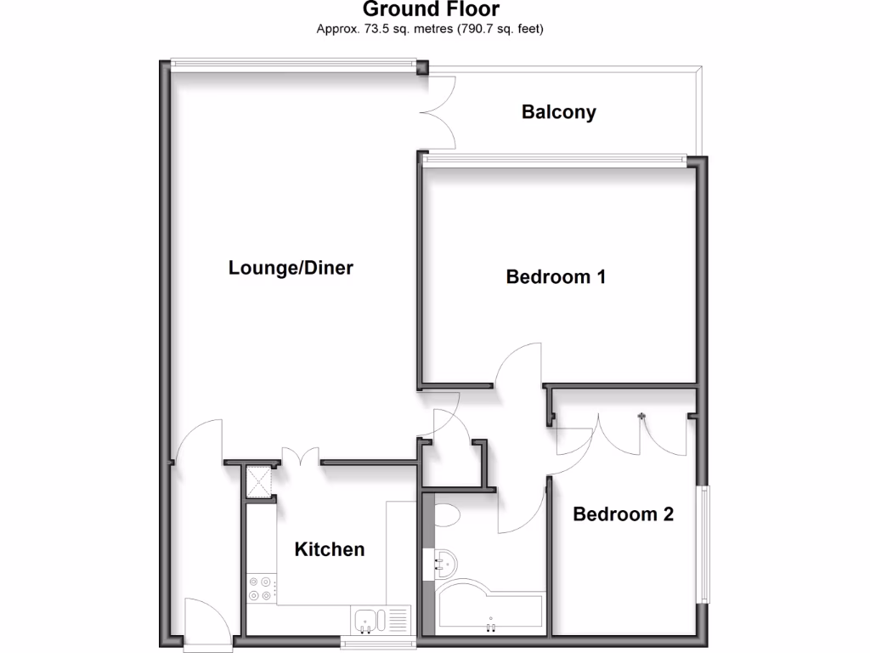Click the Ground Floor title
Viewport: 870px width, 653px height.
point(431,9)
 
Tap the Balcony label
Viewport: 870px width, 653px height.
point(558,111)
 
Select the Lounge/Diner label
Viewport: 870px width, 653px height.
point(291,268)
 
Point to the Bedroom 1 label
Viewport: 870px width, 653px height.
point(556,276)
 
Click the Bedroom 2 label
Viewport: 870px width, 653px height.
point(623,514)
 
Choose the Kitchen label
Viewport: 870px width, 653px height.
point(329,549)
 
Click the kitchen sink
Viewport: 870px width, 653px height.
point(370,620)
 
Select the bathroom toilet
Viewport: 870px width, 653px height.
point(445,513)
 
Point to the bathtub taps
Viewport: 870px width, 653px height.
point(490,627)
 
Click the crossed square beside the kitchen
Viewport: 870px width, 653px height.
point(259,482)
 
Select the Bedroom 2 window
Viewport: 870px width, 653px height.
point(703,544)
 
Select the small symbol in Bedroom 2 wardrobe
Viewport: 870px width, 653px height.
point(642,416)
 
